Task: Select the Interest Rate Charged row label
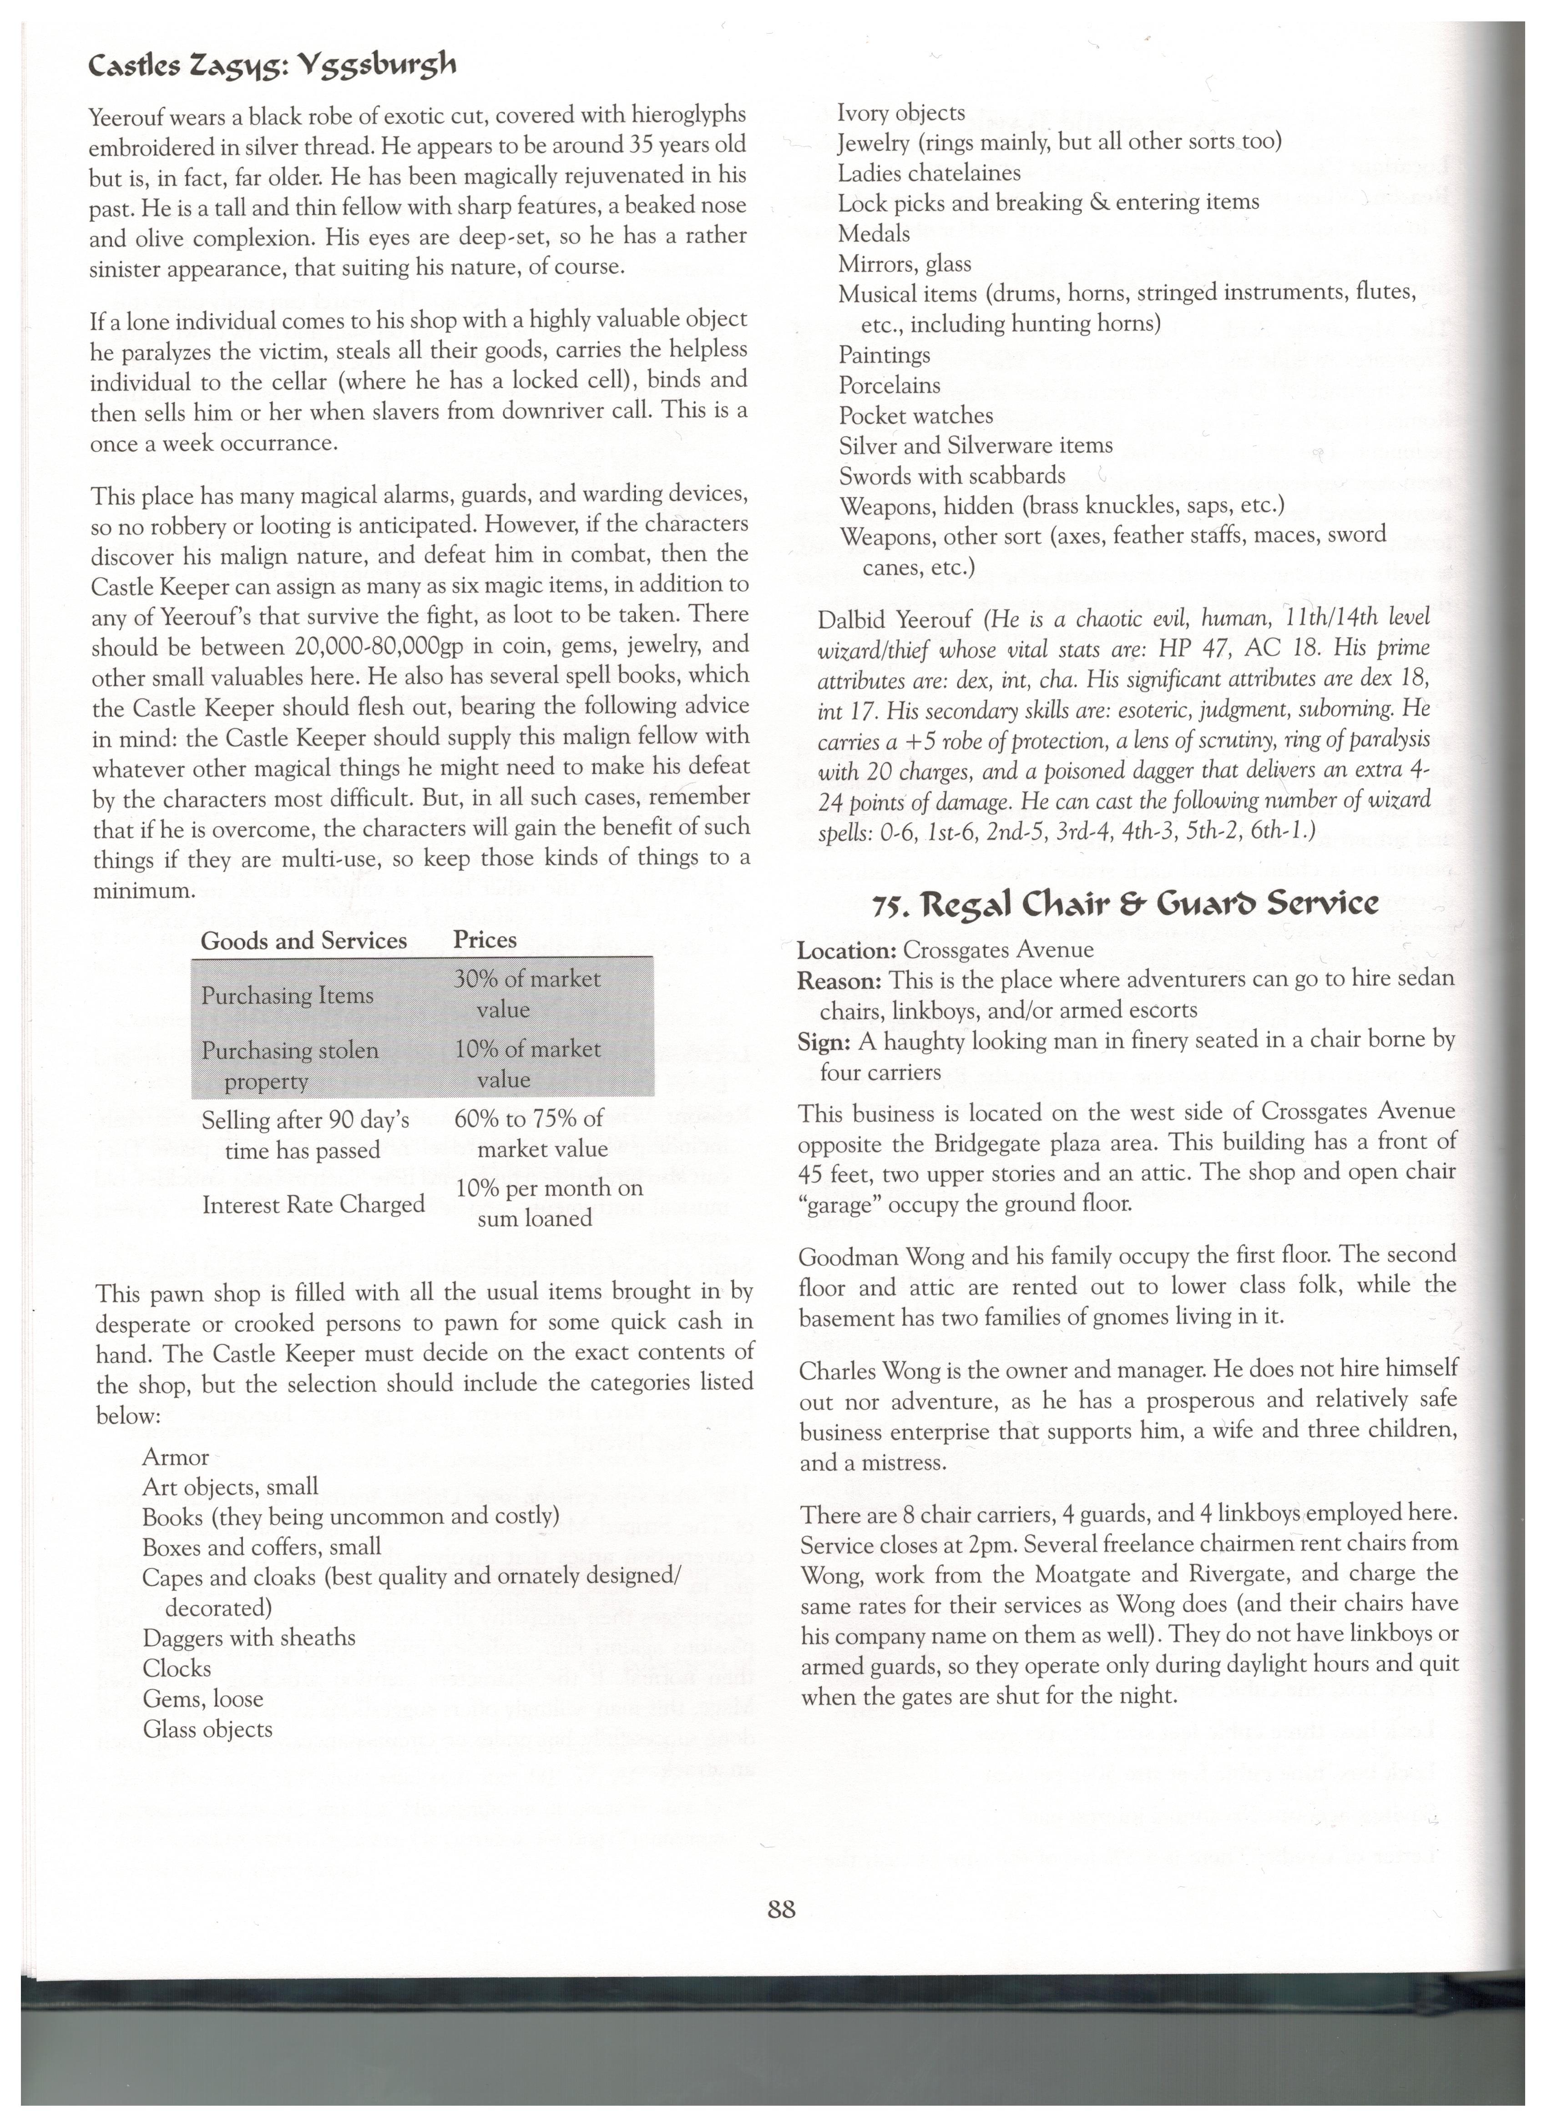click(x=313, y=1204)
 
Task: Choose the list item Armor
click(x=176, y=1457)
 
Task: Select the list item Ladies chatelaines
click(x=929, y=172)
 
